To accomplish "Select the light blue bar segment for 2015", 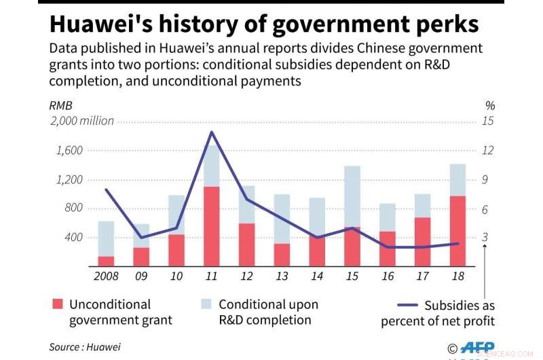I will [352, 196].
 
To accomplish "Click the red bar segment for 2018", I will [457, 230].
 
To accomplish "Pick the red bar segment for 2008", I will [106, 261].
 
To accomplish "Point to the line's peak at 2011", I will [211, 132].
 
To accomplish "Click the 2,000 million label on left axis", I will [81, 121].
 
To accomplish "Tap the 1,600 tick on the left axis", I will [69, 150].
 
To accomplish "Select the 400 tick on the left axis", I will [73, 238].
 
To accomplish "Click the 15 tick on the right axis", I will [487, 121].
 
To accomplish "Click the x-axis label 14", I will [317, 277].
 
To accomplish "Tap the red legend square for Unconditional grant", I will [57, 304].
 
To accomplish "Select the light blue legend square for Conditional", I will [206, 304].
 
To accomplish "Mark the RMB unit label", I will [60, 105].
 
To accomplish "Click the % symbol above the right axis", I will [490, 105].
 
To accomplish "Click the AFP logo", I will [479, 346].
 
